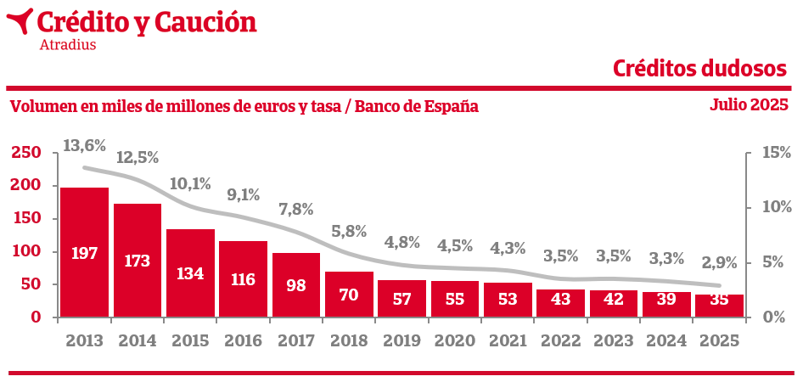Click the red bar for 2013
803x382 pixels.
point(84,252)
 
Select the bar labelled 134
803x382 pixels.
point(190,273)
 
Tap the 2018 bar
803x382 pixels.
point(349,295)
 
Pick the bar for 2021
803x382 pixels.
point(508,300)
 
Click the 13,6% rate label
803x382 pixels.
point(84,145)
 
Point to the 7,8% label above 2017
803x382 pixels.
point(295,209)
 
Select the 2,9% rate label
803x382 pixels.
point(719,262)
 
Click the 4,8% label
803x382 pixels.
point(401,242)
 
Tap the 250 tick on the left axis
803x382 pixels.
point(25,153)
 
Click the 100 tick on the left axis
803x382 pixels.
point(25,251)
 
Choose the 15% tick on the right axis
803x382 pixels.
point(772,153)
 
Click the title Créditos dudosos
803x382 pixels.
point(699,68)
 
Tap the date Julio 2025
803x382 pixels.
point(749,105)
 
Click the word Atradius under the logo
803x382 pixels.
point(68,44)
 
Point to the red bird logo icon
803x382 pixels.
point(20,21)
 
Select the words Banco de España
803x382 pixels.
point(416,107)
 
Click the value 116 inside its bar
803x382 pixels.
point(243,278)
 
